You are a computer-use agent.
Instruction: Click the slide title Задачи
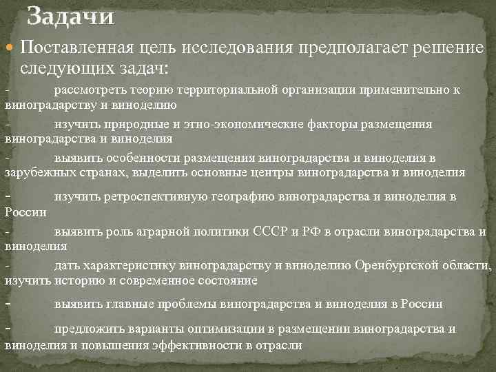[70, 15]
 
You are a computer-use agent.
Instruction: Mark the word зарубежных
[34, 172]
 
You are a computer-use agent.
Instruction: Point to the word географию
[231, 197]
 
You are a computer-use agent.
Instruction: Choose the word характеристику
[129, 265]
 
